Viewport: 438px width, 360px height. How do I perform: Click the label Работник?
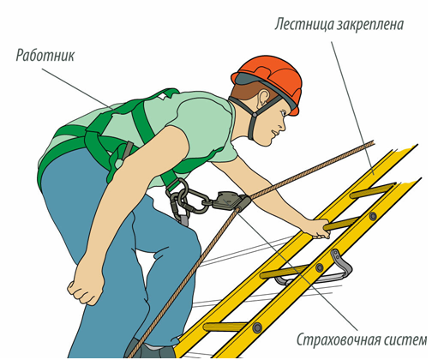[45, 55]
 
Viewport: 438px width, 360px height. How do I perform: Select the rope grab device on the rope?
[229, 201]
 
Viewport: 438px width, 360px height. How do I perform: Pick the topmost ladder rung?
[372, 191]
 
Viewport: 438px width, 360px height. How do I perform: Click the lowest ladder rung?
[225, 327]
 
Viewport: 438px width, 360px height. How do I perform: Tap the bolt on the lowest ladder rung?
[257, 327]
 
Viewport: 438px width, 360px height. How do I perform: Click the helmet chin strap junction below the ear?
[254, 114]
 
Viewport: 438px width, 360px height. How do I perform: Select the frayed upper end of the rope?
[370, 142]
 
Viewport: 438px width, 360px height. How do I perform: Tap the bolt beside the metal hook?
[320, 267]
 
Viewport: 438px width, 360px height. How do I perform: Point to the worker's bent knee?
[191, 243]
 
